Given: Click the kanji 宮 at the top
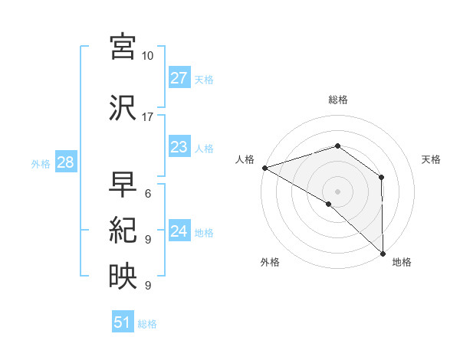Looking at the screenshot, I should coord(123,47).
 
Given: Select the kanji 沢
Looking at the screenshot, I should coord(123,107).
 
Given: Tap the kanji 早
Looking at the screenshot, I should coord(123,185).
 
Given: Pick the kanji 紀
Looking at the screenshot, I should coord(123,231).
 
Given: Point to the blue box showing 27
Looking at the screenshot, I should coord(179,78).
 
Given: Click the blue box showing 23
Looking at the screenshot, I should coord(179,147).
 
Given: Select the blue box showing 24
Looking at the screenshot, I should coord(179,231).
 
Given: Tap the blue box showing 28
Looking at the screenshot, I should coord(65,162).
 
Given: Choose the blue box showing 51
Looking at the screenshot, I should coord(123,322).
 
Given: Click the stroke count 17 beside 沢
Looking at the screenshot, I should coord(148,117).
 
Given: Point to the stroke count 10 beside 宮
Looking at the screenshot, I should coord(148,56).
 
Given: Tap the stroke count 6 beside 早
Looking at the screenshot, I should coord(148,194).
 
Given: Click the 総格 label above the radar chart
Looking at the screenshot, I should coord(337,100).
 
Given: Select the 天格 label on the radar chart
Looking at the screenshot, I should coord(431,159).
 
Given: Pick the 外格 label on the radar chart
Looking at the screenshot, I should coord(270,263).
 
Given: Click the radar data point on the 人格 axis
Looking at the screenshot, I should coord(264,167).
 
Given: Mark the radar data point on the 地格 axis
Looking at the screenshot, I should coord(383,253).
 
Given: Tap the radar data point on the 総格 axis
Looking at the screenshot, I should coord(337,146).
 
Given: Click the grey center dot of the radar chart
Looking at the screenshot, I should coord(337,191).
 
